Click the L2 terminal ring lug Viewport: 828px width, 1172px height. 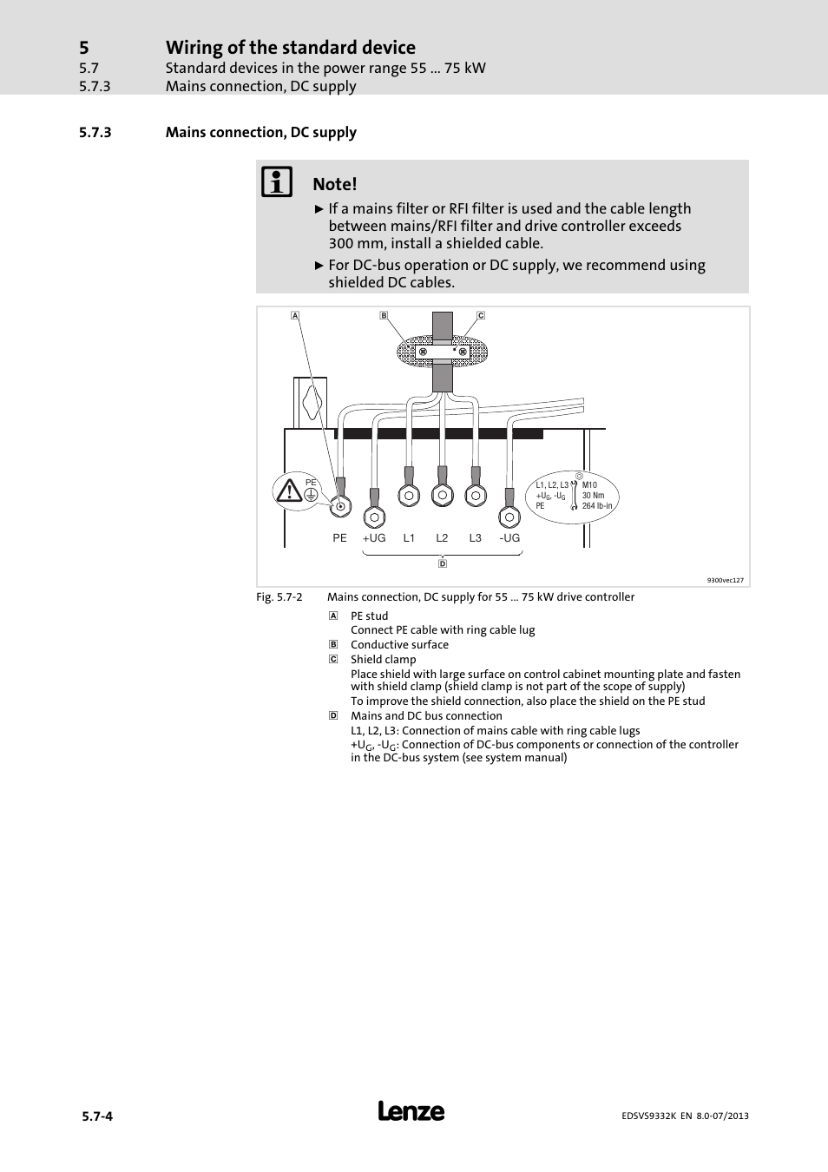[442, 496]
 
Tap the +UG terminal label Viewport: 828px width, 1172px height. [374, 538]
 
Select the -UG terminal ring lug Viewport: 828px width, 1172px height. [509, 517]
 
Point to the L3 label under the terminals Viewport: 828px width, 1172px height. [475, 538]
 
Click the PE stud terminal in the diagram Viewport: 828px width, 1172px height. [340, 505]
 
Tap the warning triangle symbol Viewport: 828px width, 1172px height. [288, 491]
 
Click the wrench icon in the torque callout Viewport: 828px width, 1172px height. [574, 496]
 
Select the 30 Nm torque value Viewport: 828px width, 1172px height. [593, 496]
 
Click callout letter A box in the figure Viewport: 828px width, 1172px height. [295, 315]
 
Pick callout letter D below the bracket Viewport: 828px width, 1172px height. [443, 563]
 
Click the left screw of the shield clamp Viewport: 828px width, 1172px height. [424, 352]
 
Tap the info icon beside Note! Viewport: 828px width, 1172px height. [278, 182]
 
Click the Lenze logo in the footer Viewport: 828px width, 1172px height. [411, 1112]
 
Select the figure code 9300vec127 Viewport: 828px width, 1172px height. [725, 580]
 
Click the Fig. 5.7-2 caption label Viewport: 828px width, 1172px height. [279, 597]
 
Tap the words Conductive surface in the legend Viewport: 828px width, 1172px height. [399, 645]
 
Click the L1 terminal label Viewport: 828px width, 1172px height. [409, 538]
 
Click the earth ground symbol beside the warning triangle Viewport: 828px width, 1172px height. [311, 493]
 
